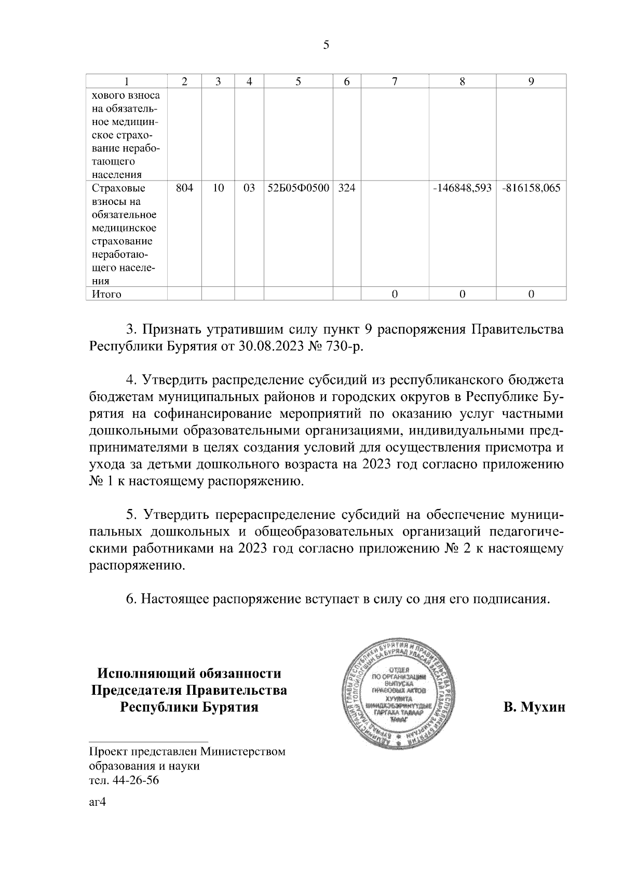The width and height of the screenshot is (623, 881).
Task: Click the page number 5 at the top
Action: tap(326, 45)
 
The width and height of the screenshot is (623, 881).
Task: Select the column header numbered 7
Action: tap(395, 81)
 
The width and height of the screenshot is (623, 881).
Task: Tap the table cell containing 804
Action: tap(184, 188)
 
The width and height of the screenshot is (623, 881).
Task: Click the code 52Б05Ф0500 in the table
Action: tap(299, 188)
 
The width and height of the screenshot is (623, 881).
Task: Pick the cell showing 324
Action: tap(346, 188)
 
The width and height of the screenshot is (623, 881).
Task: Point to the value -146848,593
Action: tap(462, 188)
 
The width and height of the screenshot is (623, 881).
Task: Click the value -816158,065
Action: tap(531, 188)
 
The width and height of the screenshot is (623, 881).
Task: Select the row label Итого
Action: tap(106, 294)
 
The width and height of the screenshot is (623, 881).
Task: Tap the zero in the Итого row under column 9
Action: tap(531, 294)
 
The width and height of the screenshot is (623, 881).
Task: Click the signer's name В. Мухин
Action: tap(533, 707)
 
